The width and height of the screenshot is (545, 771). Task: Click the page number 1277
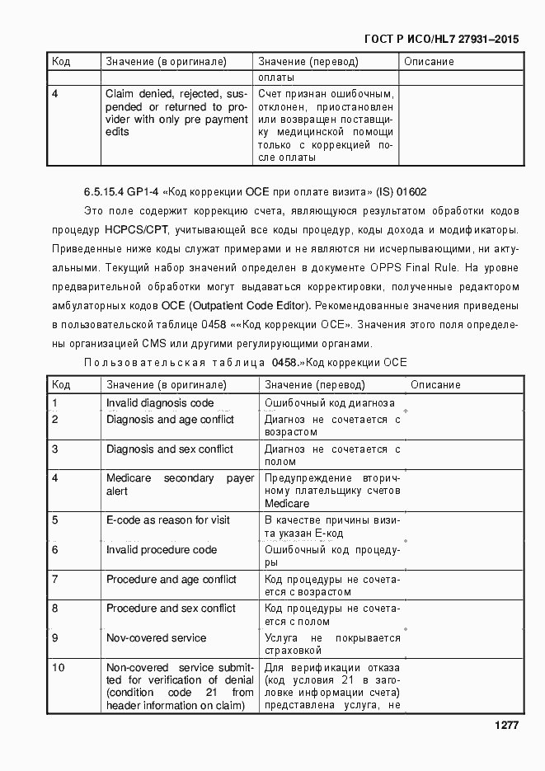pos(506,726)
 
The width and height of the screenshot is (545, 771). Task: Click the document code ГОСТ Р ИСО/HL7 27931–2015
pos(441,40)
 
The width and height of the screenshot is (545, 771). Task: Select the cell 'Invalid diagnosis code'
pos(160,403)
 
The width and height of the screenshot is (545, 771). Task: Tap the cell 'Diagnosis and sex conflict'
pos(169,449)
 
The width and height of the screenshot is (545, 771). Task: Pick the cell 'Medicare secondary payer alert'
pos(180,485)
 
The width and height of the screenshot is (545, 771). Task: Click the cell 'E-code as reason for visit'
pos(168,520)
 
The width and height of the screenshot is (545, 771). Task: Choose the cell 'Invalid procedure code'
pos(162,550)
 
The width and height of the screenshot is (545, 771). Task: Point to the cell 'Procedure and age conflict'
pos(171,580)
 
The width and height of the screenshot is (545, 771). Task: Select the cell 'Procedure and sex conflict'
pos(171,609)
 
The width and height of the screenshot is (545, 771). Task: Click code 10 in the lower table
pos(59,668)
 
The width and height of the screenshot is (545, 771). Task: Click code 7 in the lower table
pos(55,580)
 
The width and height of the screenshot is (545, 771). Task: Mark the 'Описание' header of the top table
pos(429,62)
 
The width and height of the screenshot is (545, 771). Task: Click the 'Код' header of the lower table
pos(61,385)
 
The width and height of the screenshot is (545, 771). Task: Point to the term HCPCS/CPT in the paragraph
pos(136,230)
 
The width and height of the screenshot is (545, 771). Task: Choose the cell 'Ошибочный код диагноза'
pos(329,403)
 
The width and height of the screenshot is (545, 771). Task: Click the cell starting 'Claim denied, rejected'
pos(176,112)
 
